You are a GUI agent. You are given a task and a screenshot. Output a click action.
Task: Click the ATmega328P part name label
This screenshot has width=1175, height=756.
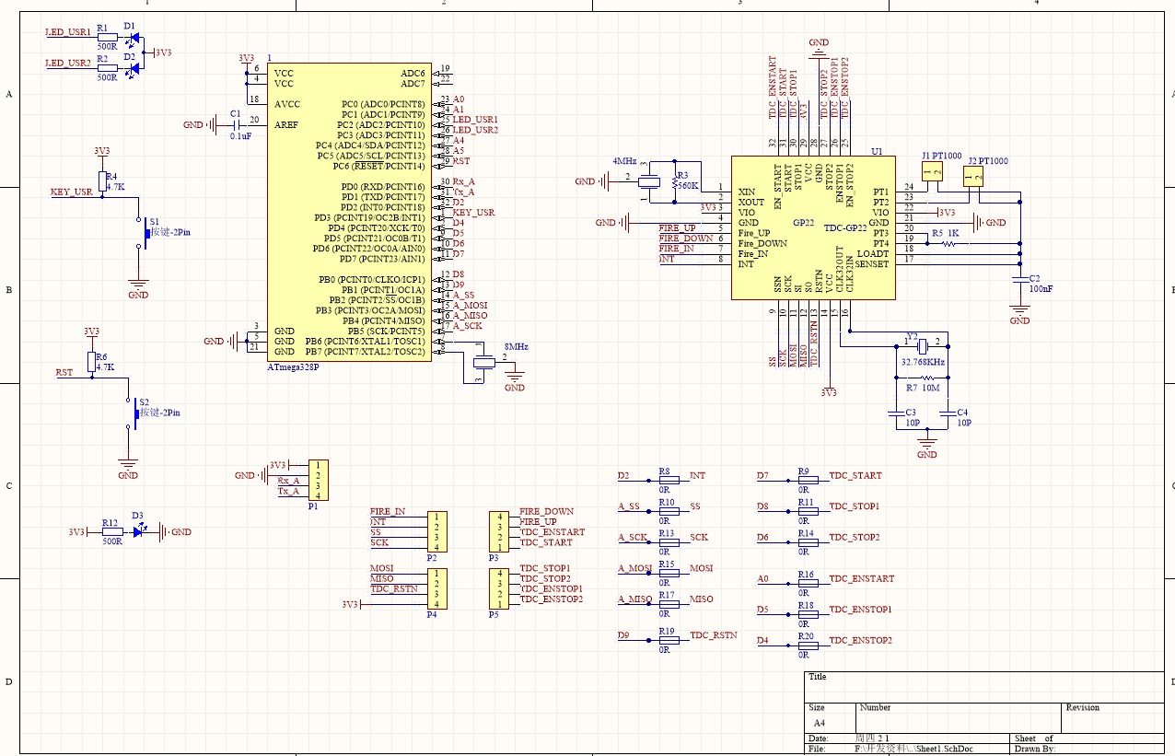pyautogui.click(x=292, y=366)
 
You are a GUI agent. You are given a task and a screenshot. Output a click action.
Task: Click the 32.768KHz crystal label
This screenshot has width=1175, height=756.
pyautogui.click(x=923, y=362)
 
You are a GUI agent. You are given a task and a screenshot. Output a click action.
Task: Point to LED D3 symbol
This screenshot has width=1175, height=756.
pyautogui.click(x=139, y=531)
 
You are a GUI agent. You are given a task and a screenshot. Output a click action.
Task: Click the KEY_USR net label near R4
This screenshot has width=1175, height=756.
pyautogui.click(x=71, y=192)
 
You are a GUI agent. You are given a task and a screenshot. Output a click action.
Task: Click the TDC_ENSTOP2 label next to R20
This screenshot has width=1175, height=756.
pyautogui.click(x=860, y=640)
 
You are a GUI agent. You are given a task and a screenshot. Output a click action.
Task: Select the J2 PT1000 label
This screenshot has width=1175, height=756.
pyautogui.click(x=987, y=161)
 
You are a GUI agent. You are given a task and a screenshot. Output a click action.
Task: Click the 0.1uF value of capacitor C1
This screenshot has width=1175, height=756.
pyautogui.click(x=239, y=135)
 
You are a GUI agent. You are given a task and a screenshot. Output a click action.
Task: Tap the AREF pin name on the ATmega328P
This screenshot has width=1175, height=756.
pyautogui.click(x=286, y=123)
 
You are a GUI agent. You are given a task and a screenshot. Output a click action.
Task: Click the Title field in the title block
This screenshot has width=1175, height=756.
pyautogui.click(x=817, y=677)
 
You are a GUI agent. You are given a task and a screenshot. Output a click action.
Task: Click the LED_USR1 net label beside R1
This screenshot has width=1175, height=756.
pyautogui.click(x=68, y=32)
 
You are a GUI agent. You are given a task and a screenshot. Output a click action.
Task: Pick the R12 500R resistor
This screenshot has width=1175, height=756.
pyautogui.click(x=111, y=531)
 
